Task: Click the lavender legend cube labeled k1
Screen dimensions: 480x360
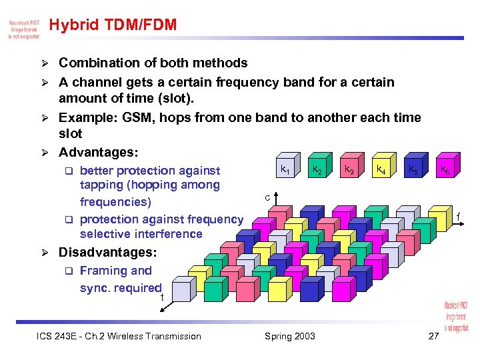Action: pos(285,171)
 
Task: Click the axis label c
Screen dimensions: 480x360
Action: pos(267,197)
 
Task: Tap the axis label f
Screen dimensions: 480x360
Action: pos(458,216)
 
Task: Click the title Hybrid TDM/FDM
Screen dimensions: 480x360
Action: pos(113,25)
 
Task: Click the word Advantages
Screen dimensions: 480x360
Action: pos(98,153)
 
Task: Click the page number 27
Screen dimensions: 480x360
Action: pos(433,336)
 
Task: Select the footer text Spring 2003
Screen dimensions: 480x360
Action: pos(289,336)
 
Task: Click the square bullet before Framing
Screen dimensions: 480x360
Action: pos(67,271)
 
